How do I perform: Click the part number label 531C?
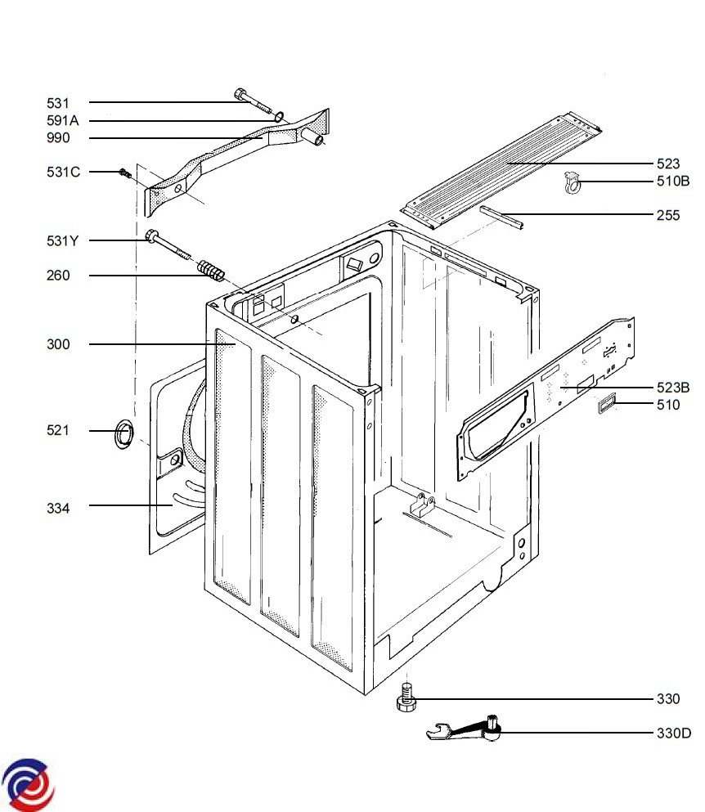tap(63, 172)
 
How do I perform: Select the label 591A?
tap(63, 121)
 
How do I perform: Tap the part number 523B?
tap(673, 388)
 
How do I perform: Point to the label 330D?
tap(673, 733)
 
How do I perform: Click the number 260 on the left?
tap(58, 276)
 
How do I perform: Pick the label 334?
tap(58, 509)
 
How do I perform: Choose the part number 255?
tap(667, 215)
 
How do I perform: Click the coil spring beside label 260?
tap(211, 271)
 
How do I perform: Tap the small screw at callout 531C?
tap(123, 173)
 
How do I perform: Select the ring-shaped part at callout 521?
tap(123, 434)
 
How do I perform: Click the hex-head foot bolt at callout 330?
tap(406, 698)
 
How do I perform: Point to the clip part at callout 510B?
tap(572, 182)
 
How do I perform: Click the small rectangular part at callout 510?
tap(607, 403)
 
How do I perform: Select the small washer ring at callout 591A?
tap(279, 116)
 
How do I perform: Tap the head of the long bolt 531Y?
tap(152, 236)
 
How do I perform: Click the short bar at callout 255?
tap(501, 217)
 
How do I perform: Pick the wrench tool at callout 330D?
tap(464, 728)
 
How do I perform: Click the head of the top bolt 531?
tap(241, 94)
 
